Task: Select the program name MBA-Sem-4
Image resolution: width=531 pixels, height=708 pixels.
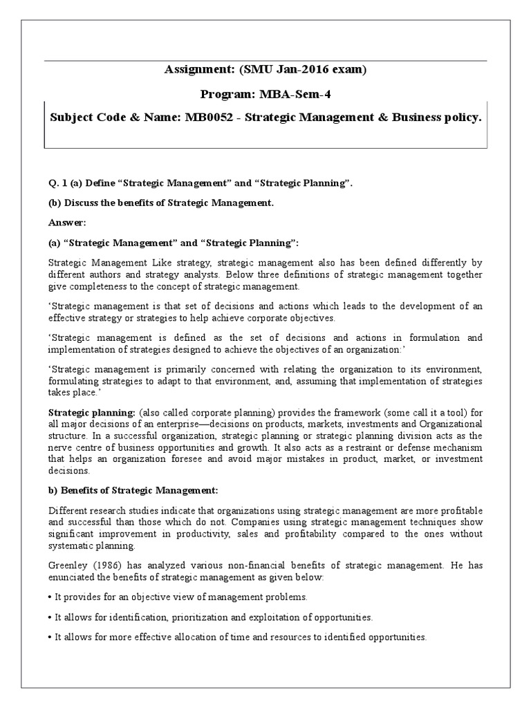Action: pos(297,93)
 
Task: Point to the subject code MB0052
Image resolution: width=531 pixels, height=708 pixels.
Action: pos(207,118)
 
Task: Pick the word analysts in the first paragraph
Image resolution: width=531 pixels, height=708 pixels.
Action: pos(194,274)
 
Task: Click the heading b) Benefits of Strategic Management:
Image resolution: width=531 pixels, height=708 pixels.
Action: pos(133,490)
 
